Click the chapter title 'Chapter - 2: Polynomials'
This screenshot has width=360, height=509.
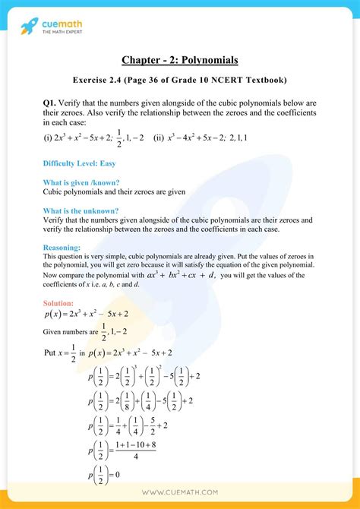180,59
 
